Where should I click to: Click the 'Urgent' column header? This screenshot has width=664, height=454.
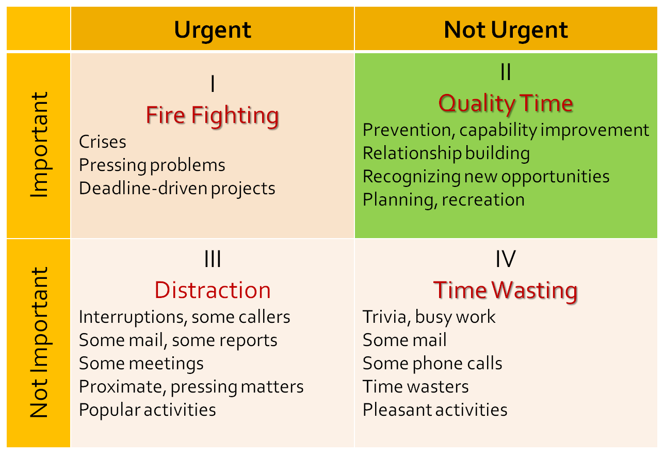pos(213,30)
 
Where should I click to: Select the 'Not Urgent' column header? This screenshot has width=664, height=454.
pos(506,30)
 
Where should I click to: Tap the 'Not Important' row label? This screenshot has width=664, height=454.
pos(39,342)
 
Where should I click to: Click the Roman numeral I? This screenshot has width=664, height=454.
pos(213,84)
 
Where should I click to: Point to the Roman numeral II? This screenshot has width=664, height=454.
pos(506,73)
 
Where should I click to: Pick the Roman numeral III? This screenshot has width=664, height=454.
pos(213,259)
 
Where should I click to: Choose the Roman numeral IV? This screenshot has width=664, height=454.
pos(506,259)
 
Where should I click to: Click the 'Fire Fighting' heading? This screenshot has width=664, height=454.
pos(213,115)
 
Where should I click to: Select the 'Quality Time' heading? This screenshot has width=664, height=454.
pos(506,103)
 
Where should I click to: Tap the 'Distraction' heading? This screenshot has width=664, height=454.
pos(213,290)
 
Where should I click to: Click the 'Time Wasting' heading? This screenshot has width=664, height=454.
pos(506,290)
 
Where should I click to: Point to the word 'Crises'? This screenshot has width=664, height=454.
pos(103,142)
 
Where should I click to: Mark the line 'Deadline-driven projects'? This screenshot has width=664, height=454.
pos(177,188)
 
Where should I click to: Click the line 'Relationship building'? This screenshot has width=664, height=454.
pos(446,153)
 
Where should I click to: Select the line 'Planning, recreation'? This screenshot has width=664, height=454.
pos(444,200)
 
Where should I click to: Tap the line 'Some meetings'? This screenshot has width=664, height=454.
pos(141,364)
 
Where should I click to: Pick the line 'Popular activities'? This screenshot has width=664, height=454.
pos(148,410)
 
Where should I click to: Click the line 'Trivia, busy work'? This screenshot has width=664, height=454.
pos(429,317)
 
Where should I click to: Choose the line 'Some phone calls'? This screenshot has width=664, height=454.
pos(432,364)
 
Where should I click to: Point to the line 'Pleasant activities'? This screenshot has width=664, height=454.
pos(435,410)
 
